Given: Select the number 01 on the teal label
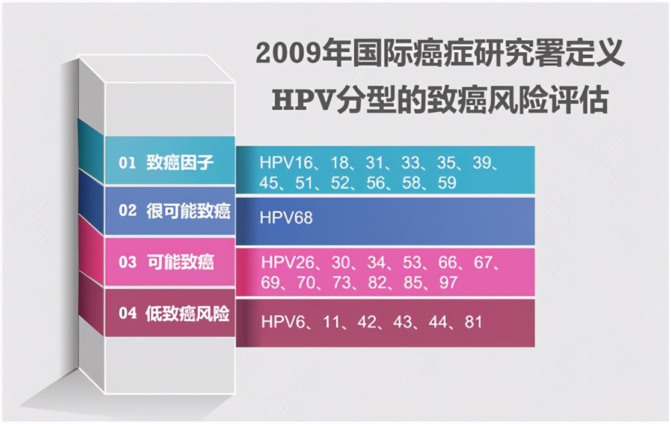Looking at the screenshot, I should coord(127,163).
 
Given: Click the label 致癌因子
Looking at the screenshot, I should coord(180,163).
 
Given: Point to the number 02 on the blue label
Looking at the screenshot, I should coord(127,211).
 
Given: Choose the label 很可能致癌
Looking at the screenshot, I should coord(188,211).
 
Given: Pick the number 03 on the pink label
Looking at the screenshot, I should coord(127,262).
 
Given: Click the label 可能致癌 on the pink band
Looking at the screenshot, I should coord(180,262).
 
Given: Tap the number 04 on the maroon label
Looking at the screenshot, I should coord(127,314).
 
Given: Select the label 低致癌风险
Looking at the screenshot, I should coord(188,314).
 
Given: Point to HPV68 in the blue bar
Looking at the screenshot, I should coord(286,217).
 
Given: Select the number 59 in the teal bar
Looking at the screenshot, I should coord(447,183).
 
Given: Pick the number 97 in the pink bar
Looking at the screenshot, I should coord(449,282).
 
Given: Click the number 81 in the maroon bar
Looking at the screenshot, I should coord(473,322).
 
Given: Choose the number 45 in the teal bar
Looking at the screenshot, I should coord(270,183).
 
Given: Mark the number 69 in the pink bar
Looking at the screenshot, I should coord(272,282).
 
